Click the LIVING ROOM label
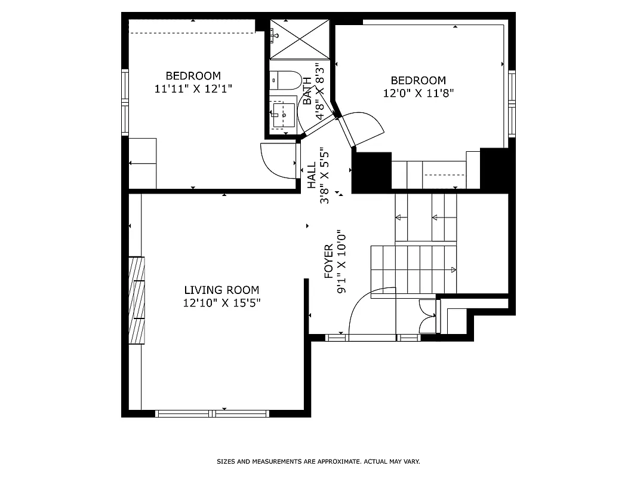point(221,290)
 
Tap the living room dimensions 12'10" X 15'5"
point(221,303)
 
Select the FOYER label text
point(328,262)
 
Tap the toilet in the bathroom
point(284,80)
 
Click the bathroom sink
point(283,113)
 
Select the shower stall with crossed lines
point(300,39)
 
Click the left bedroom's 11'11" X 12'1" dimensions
point(193,88)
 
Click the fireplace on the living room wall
point(137,301)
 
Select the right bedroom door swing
point(365,128)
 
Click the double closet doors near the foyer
point(427,316)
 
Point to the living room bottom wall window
point(212,413)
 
